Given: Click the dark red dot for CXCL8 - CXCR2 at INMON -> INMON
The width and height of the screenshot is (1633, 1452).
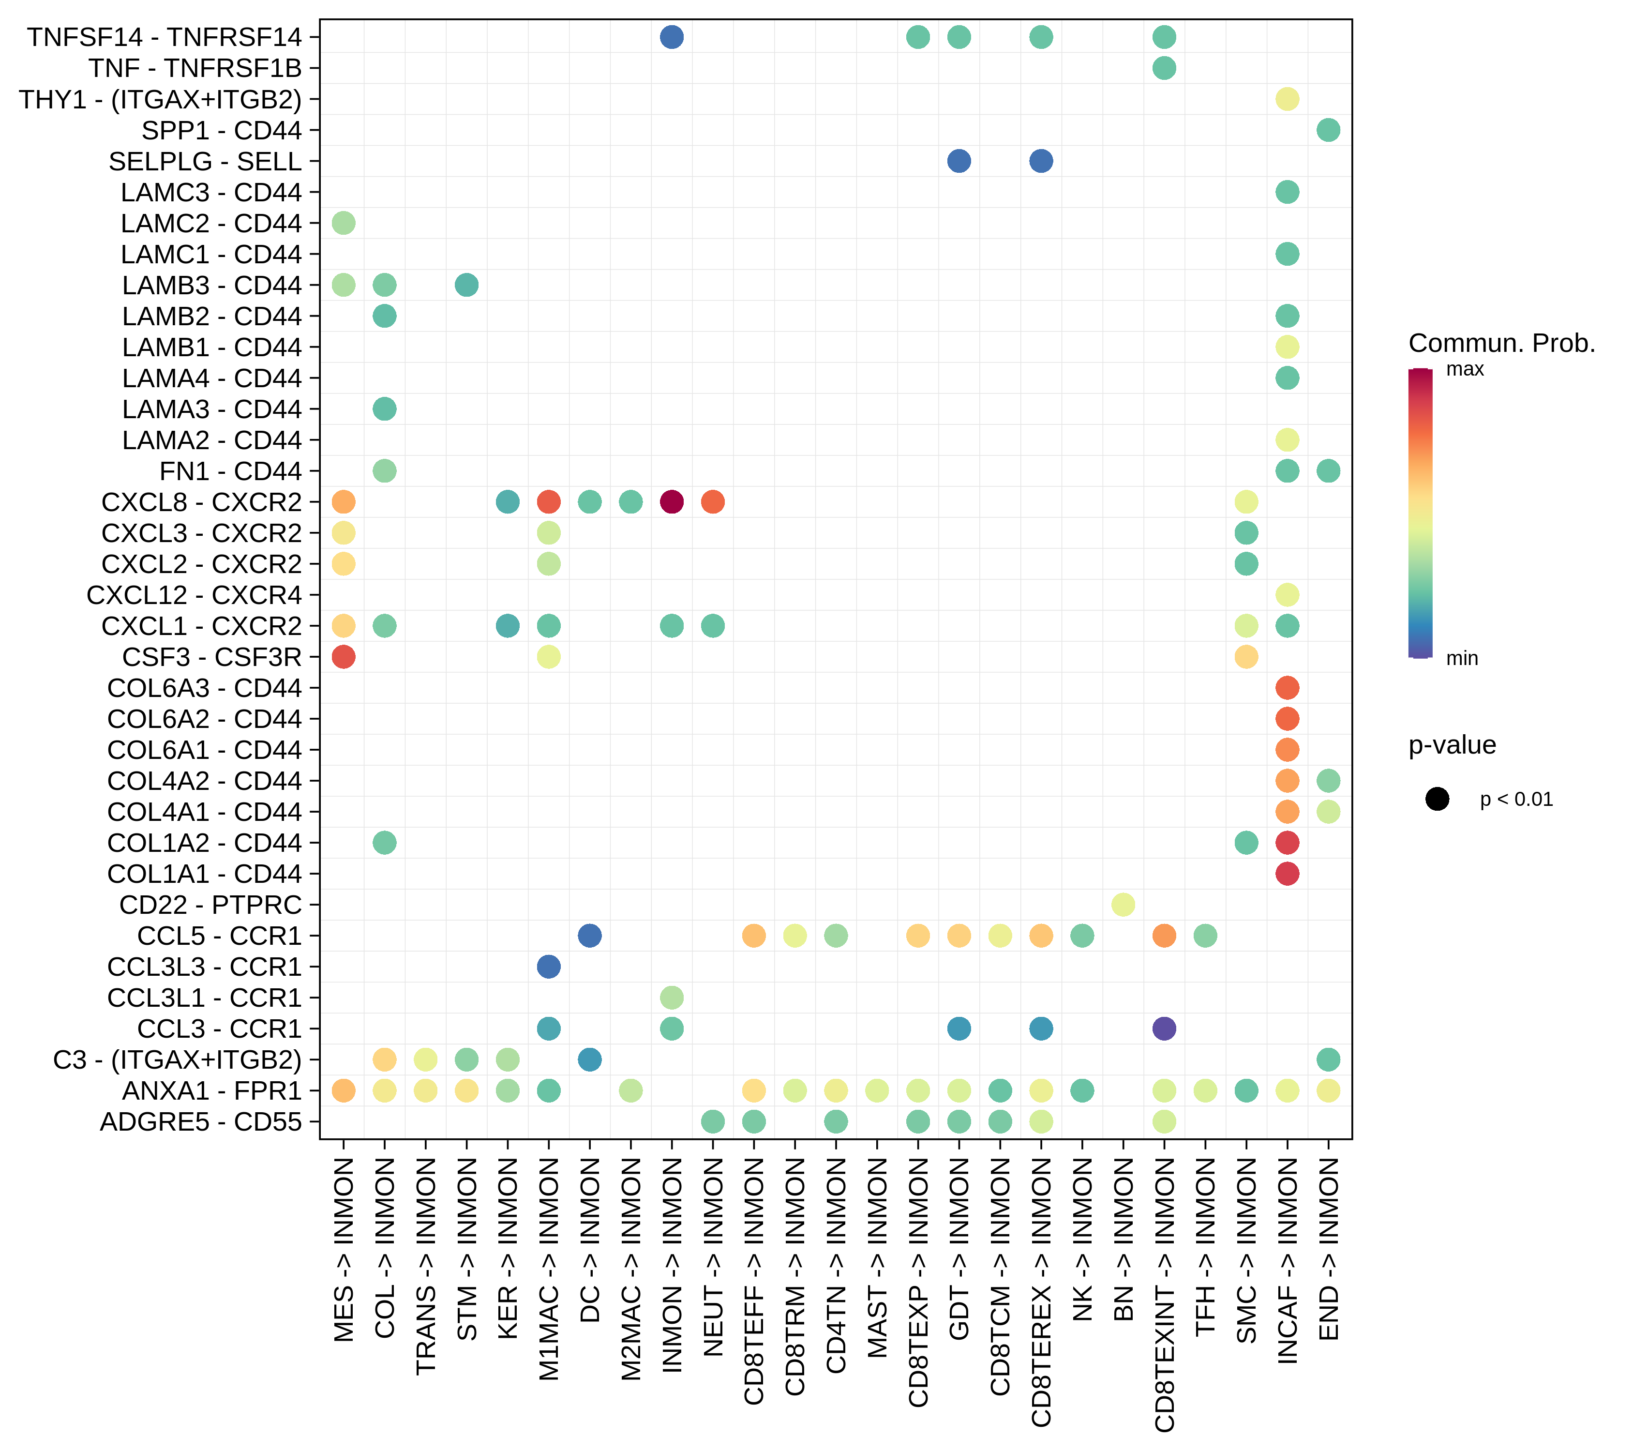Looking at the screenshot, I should click(672, 502).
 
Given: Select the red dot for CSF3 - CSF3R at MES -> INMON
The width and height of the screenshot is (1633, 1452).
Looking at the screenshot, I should click(344, 657).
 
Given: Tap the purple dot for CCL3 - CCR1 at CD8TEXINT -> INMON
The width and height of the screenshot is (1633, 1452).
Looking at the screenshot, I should click(1164, 1028).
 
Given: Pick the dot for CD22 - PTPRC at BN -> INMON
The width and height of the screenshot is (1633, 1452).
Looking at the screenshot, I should click(1124, 905).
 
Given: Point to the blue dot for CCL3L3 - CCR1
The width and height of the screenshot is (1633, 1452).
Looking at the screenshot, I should click(549, 967).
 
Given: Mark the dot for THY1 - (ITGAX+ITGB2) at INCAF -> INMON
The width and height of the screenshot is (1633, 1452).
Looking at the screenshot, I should click(1287, 99).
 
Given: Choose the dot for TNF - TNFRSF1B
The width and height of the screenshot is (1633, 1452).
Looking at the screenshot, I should click(1164, 68).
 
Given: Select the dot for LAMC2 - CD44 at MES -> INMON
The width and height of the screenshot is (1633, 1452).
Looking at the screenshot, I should click(344, 223).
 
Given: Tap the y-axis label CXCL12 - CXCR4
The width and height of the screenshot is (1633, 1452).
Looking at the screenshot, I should click(194, 595).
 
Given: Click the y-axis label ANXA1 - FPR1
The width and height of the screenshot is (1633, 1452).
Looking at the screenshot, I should click(212, 1091).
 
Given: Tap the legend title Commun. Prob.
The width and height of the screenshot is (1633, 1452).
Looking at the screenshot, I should click(1501, 344).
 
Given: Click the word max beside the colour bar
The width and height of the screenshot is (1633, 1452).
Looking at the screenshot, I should click(1465, 369).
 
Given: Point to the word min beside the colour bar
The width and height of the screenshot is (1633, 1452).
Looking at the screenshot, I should click(1462, 658).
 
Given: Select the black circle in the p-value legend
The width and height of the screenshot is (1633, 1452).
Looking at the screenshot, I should click(1437, 799).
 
